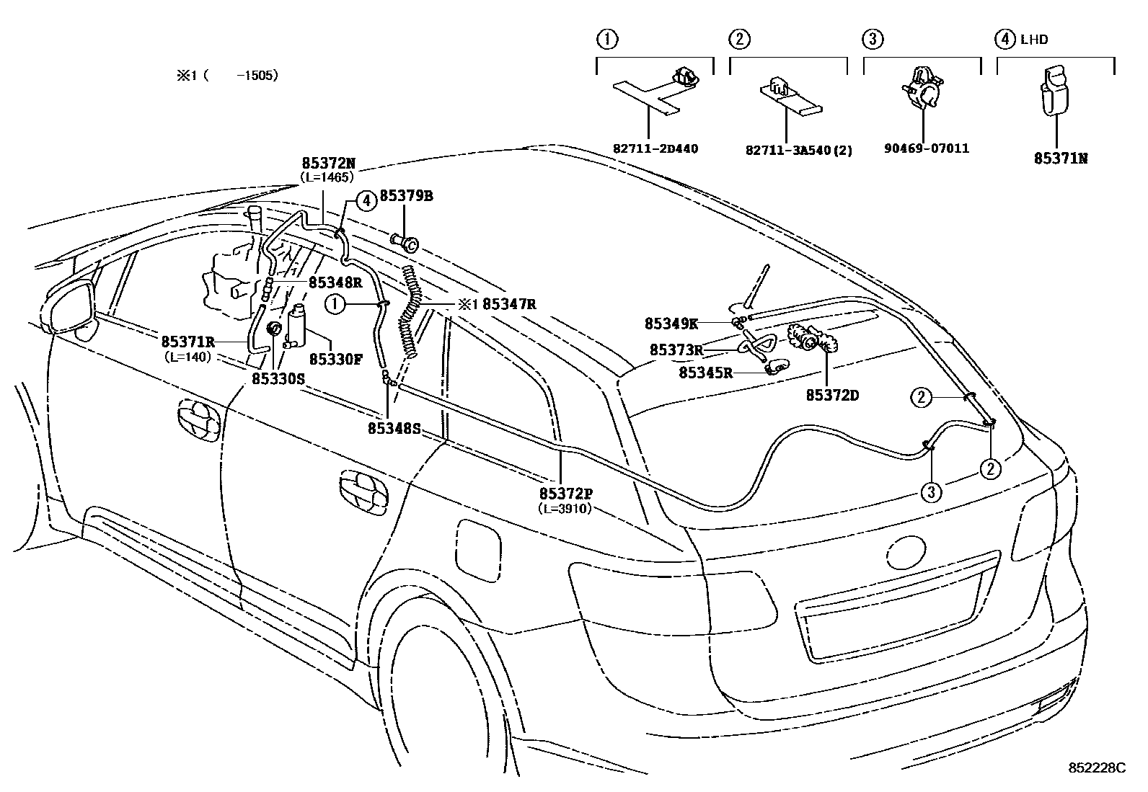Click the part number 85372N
[x=328, y=164]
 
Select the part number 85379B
[x=406, y=196]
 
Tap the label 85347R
[x=509, y=304]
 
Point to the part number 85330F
[x=336, y=358]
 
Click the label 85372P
[x=565, y=494]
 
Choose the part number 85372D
[x=832, y=396]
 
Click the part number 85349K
[x=671, y=324]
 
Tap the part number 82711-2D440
[x=655, y=149]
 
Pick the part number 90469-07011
[x=926, y=148]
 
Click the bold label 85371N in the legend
[x=1060, y=158]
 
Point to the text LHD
[x=1034, y=40]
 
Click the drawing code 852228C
[x=1096, y=768]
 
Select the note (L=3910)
[x=565, y=508]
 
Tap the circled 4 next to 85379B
[x=367, y=200]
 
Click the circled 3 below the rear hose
[x=931, y=492]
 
